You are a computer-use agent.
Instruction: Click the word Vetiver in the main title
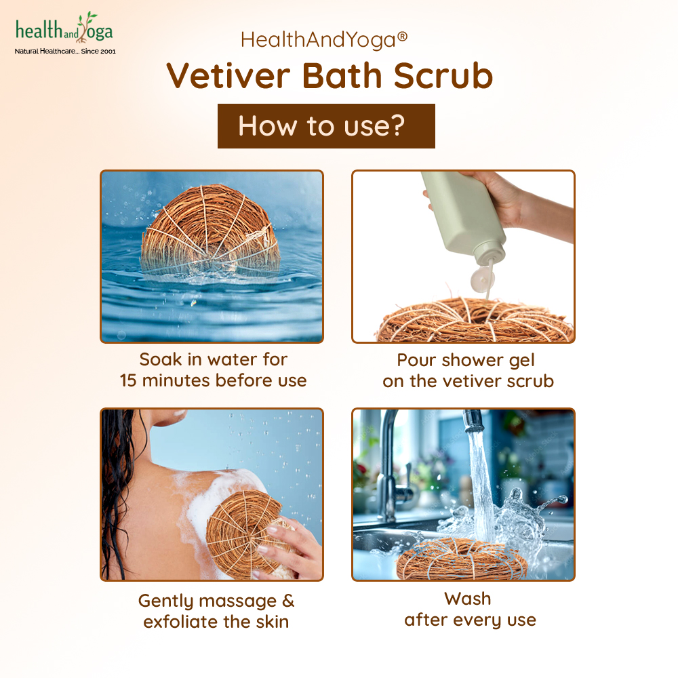click(228, 76)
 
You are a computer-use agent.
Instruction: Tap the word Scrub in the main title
click(443, 76)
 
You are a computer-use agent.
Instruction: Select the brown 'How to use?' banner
click(326, 126)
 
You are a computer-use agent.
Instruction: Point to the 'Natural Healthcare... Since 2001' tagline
click(65, 51)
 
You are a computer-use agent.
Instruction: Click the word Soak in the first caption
click(161, 359)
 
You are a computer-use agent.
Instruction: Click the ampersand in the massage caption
click(288, 601)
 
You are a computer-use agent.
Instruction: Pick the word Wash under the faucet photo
click(467, 599)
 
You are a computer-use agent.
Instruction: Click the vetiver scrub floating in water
click(210, 231)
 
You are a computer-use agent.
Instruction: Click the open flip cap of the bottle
click(481, 279)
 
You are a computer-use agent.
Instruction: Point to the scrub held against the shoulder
click(244, 534)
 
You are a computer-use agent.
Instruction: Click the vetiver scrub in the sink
click(461, 559)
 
